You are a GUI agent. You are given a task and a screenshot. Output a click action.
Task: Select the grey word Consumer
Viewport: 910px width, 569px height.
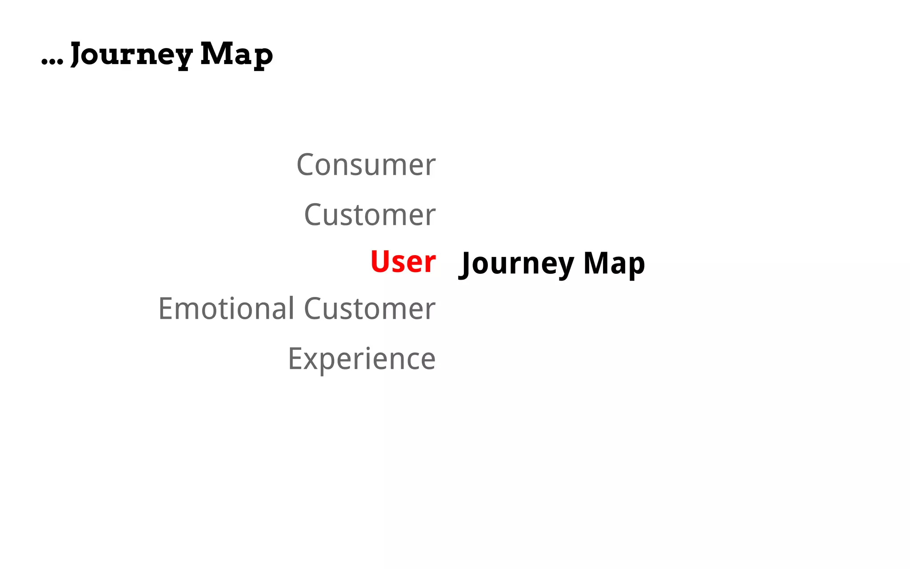(366, 165)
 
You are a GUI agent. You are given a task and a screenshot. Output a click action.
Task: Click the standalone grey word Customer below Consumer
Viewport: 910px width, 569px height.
(370, 215)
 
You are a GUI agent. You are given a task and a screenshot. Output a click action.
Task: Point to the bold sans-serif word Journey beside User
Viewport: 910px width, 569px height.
(518, 264)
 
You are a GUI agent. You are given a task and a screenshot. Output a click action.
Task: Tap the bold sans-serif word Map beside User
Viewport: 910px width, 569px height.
(614, 264)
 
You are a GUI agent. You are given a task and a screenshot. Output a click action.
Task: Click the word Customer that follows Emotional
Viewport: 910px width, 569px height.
(370, 309)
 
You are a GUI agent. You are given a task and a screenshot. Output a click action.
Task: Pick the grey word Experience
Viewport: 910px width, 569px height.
(362, 359)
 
